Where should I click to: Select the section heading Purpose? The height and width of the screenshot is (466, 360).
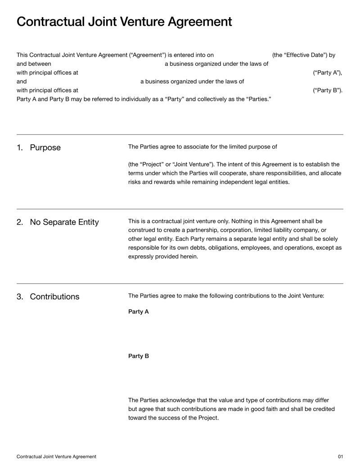tap(45, 148)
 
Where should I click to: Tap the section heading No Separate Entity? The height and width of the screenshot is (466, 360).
tap(64, 222)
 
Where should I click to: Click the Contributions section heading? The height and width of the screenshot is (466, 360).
tap(54, 297)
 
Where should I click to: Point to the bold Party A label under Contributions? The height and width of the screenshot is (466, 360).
tap(138, 312)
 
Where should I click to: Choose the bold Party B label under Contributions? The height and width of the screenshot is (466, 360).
tap(138, 356)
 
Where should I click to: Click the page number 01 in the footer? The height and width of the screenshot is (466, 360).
tap(340, 457)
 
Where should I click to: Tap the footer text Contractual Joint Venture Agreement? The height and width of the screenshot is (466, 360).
tap(56, 457)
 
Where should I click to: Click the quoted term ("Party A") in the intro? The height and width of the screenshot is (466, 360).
tap(327, 72)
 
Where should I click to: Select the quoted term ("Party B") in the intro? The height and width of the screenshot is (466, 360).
tap(327, 90)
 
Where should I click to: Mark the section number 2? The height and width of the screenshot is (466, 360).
tap(20, 222)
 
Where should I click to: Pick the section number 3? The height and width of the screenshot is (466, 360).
tap(20, 297)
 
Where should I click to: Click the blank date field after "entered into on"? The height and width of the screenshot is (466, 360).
tap(243, 55)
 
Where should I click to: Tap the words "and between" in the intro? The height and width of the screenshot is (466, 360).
tap(34, 64)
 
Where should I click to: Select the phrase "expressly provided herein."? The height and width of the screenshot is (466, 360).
tap(163, 257)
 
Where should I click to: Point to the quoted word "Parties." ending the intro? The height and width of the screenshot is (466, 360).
tap(258, 99)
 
